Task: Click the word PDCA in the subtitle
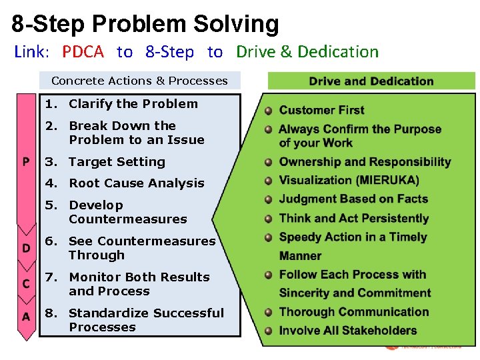click(84, 52)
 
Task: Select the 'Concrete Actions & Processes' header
click(139, 81)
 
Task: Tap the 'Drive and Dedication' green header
click(371, 81)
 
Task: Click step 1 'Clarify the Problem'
click(133, 104)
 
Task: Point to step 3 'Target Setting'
click(117, 162)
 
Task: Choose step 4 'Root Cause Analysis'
click(136, 183)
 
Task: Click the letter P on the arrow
click(26, 162)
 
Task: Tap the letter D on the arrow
click(26, 248)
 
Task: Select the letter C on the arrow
click(26, 284)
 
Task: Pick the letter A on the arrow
click(26, 317)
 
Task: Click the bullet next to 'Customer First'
click(268, 111)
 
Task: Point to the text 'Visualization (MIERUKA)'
click(349, 180)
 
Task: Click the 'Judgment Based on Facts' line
click(353, 199)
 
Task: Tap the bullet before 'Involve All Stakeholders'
click(268, 331)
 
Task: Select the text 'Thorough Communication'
click(354, 312)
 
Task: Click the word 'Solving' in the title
click(237, 24)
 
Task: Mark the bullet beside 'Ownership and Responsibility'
click(268, 162)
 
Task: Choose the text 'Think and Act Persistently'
click(353, 218)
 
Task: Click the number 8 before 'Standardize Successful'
click(49, 313)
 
